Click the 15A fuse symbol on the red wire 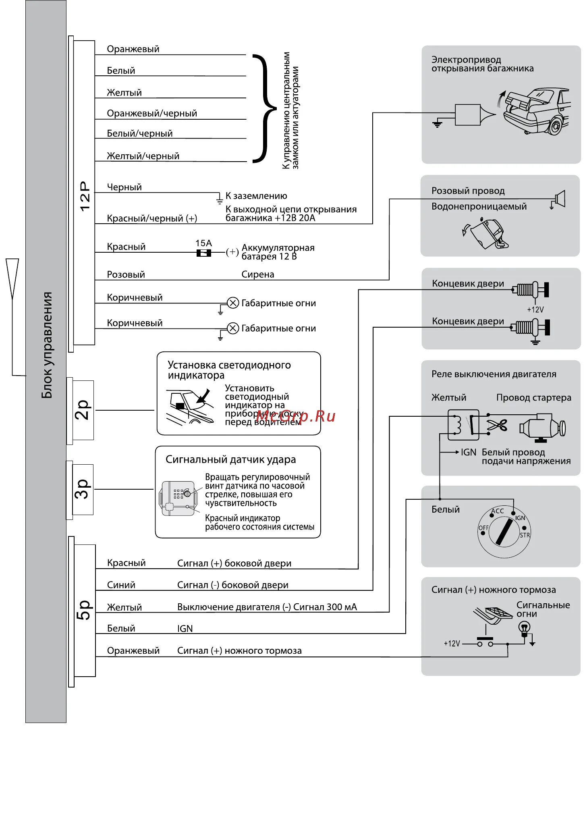point(203,253)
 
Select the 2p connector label point(83,410)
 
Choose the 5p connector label point(84,610)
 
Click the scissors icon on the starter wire point(497,425)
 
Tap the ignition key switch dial point(504,532)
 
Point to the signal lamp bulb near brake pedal point(524,628)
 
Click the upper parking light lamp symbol point(233,303)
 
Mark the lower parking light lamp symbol point(233,328)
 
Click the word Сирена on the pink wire point(258,274)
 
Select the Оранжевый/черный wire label point(152,113)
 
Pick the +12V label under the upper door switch point(535,310)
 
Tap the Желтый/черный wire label point(143,156)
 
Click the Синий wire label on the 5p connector point(121,585)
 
